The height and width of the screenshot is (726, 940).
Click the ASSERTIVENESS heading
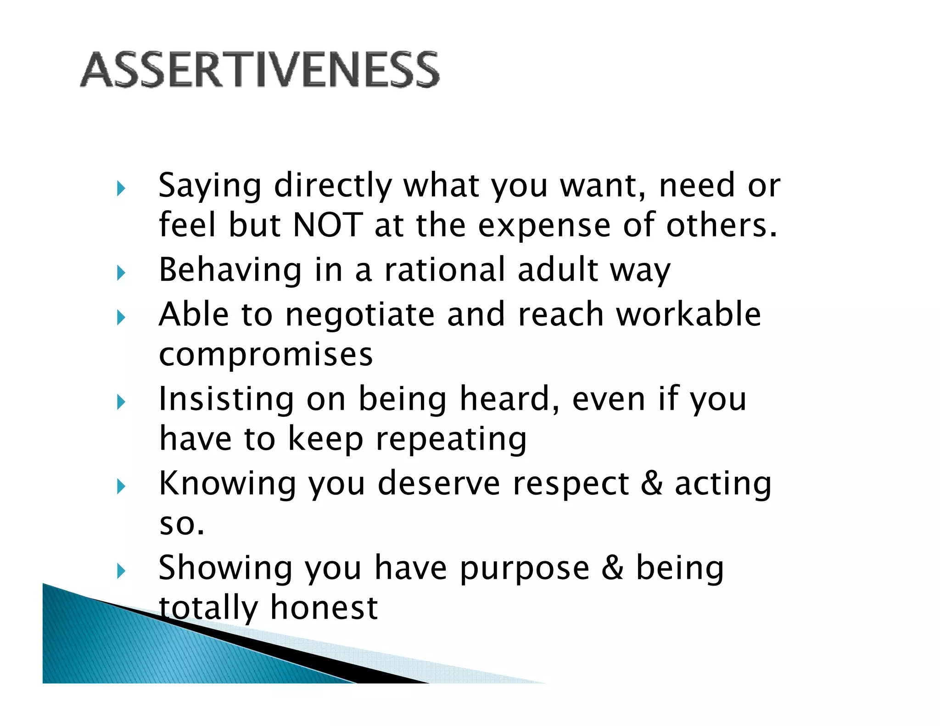coord(260,70)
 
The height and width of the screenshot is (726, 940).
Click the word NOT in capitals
coord(328,225)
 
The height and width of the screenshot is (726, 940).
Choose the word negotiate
coord(359,316)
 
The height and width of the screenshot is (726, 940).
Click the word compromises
coord(266,354)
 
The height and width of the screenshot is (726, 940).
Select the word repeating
coord(451,440)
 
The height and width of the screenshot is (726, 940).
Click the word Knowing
coord(227,484)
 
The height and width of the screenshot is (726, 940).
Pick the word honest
coord(324,608)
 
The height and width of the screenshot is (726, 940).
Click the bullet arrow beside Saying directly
coord(121,188)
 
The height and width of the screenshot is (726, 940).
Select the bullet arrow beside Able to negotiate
coord(121,317)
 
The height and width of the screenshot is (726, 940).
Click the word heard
coord(509,399)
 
